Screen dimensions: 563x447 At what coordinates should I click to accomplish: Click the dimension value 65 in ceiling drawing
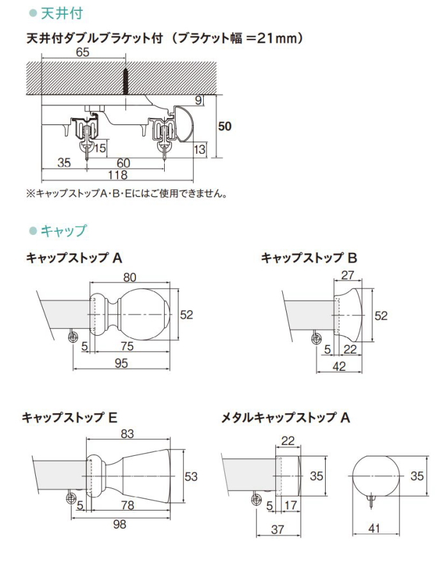point(83,53)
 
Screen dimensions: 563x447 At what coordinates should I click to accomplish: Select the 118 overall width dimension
point(117,175)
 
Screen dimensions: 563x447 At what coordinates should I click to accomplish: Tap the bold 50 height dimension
point(224,126)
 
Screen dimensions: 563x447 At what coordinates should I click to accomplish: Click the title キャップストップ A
point(73,258)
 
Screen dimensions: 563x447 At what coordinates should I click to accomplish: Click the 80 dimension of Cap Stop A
point(131,278)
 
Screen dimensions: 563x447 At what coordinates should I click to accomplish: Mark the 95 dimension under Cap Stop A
point(121,363)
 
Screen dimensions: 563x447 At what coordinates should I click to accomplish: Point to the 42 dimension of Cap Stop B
point(338,365)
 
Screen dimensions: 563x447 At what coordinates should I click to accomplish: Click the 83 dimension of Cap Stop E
point(128,435)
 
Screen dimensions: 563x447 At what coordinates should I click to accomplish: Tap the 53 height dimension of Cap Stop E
point(190,476)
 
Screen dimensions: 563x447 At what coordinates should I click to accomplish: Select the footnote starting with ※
point(126,192)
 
